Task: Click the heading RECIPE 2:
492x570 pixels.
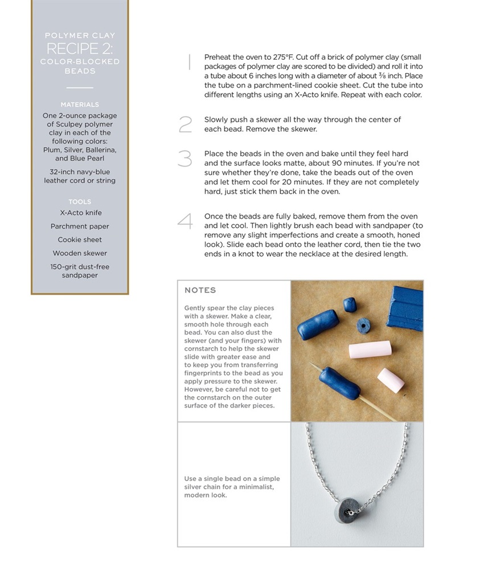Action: pyautogui.click(x=80, y=48)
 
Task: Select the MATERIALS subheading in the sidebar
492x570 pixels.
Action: pyautogui.click(x=80, y=104)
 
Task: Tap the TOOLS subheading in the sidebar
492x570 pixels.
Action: pyautogui.click(x=80, y=202)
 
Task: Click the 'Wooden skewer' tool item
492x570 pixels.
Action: pyautogui.click(x=80, y=253)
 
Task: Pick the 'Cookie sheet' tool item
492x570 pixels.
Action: pyautogui.click(x=80, y=240)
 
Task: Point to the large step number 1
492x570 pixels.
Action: pyautogui.click(x=188, y=62)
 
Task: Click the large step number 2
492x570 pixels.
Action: pyautogui.click(x=185, y=124)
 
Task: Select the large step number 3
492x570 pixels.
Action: pyautogui.click(x=185, y=158)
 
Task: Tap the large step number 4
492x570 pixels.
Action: pyautogui.click(x=185, y=221)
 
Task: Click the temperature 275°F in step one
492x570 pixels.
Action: pyautogui.click(x=286, y=58)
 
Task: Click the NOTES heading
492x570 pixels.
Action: pyautogui.click(x=200, y=290)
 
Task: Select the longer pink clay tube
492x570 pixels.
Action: pyautogui.click(x=371, y=349)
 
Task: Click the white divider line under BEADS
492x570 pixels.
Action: pyautogui.click(x=80, y=88)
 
